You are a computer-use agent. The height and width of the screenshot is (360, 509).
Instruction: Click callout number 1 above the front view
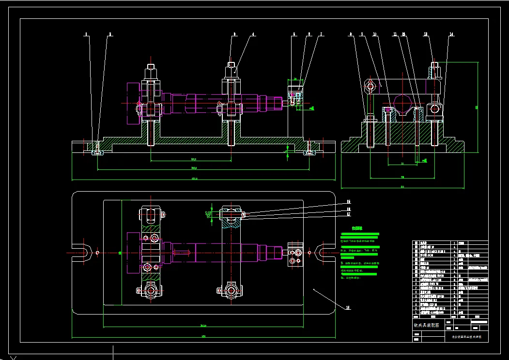click(x=86, y=34)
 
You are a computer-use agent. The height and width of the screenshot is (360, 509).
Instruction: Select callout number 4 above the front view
click(x=253, y=34)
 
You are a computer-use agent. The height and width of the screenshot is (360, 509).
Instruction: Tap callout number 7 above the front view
click(x=321, y=34)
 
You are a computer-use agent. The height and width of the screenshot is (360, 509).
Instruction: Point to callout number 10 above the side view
click(x=374, y=34)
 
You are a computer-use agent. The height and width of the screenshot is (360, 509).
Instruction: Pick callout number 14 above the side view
click(x=451, y=34)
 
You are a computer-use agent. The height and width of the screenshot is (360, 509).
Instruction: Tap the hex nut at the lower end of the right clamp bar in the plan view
click(x=230, y=291)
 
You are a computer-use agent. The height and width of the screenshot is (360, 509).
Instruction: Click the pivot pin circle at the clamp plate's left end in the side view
click(x=370, y=87)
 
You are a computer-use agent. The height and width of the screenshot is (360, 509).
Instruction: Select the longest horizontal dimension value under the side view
click(x=402, y=186)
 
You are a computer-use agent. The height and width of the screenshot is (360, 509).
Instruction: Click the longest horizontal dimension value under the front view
click(x=195, y=179)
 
